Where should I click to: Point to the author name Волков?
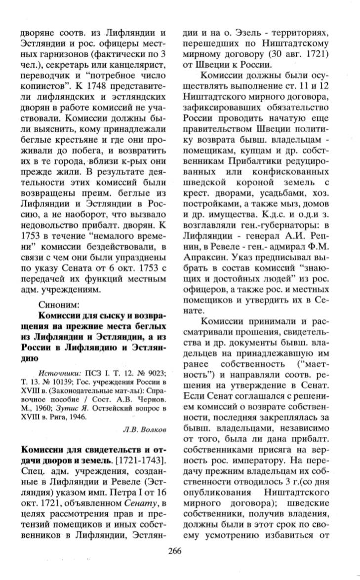tap(153, 429)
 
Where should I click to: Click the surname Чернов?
tap(154, 397)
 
